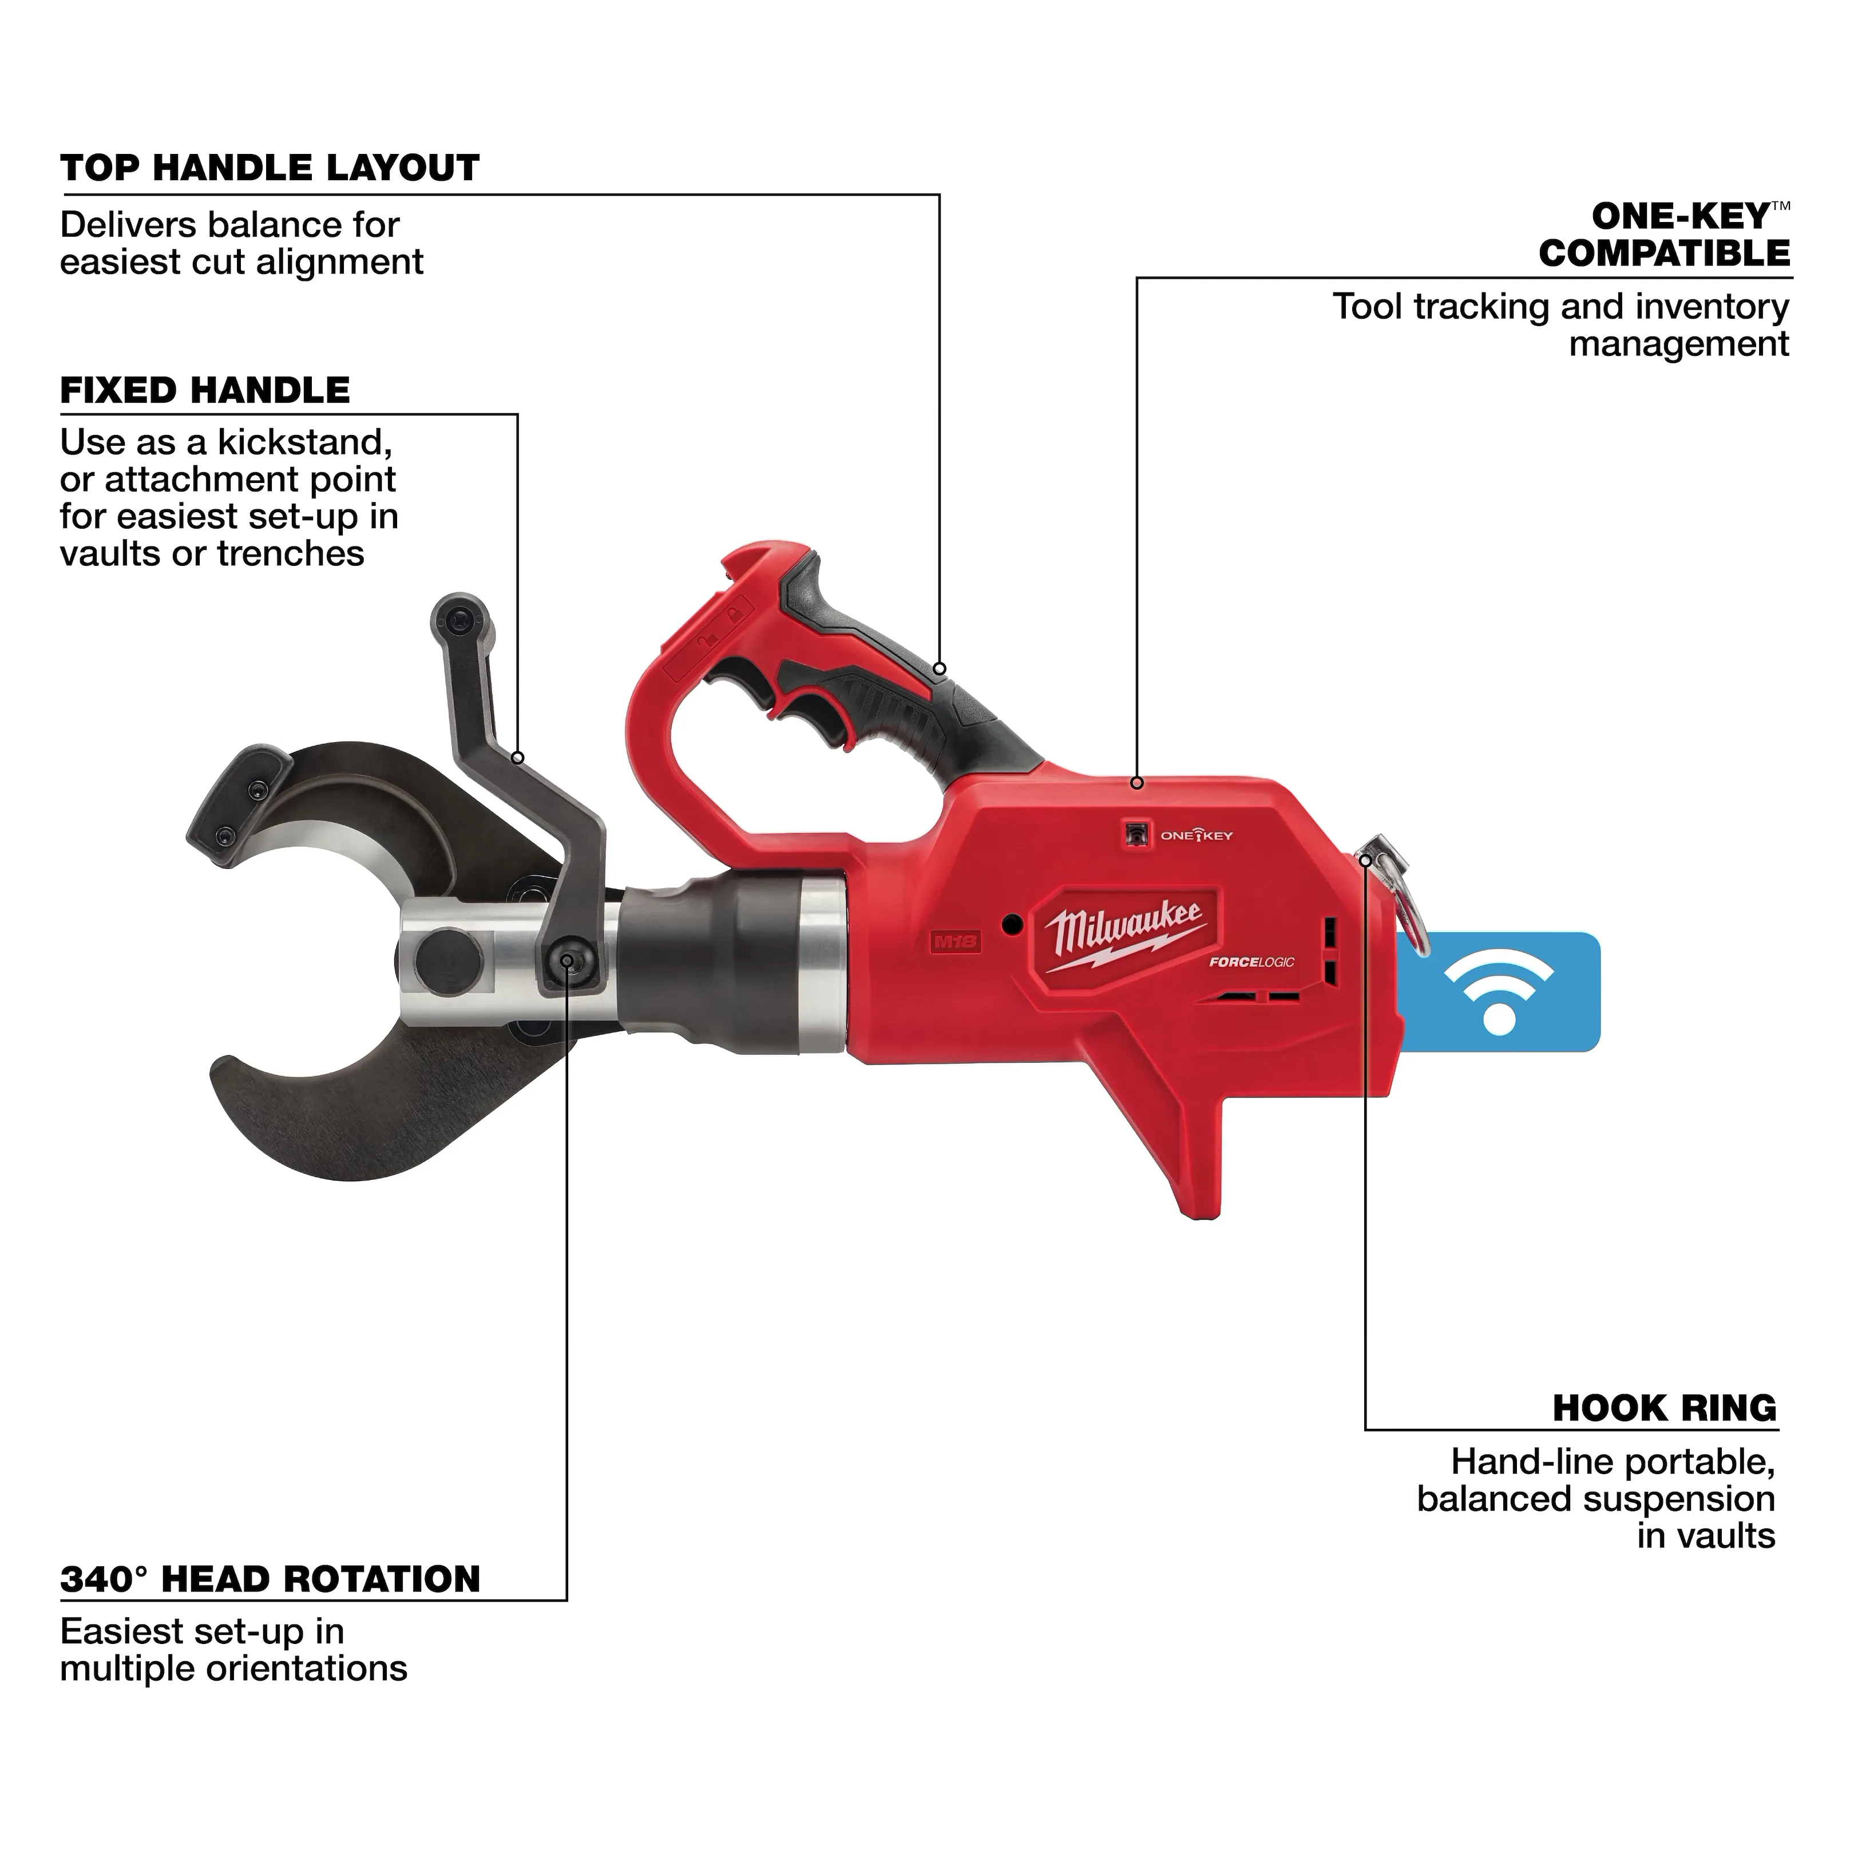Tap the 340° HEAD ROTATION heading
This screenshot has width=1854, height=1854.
(270, 1579)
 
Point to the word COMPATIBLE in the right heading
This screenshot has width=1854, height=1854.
(1664, 253)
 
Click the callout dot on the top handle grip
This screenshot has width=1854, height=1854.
(940, 669)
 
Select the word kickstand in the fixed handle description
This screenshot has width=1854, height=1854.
(304, 442)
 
